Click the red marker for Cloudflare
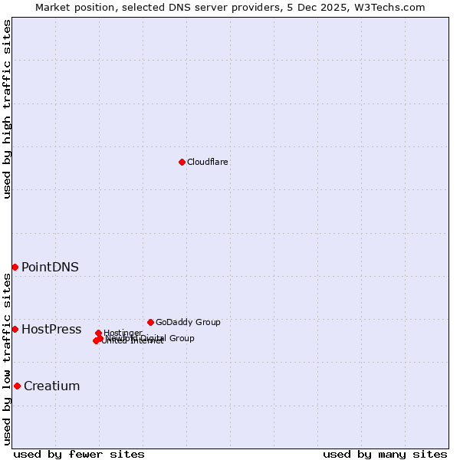[182, 162]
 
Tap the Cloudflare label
[207, 162]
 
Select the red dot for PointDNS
[15, 267]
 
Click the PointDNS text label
[50, 267]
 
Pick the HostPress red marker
[15, 329]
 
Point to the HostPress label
[51, 330]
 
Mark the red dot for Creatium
[17, 386]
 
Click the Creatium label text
[51, 386]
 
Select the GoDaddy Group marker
[150, 322]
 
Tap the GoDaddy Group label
[188, 322]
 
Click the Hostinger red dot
[98, 333]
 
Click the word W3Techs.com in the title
[394, 7]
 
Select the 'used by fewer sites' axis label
[79, 454]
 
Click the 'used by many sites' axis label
[385, 454]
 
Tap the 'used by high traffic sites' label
[7, 109]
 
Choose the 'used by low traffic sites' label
[7, 359]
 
